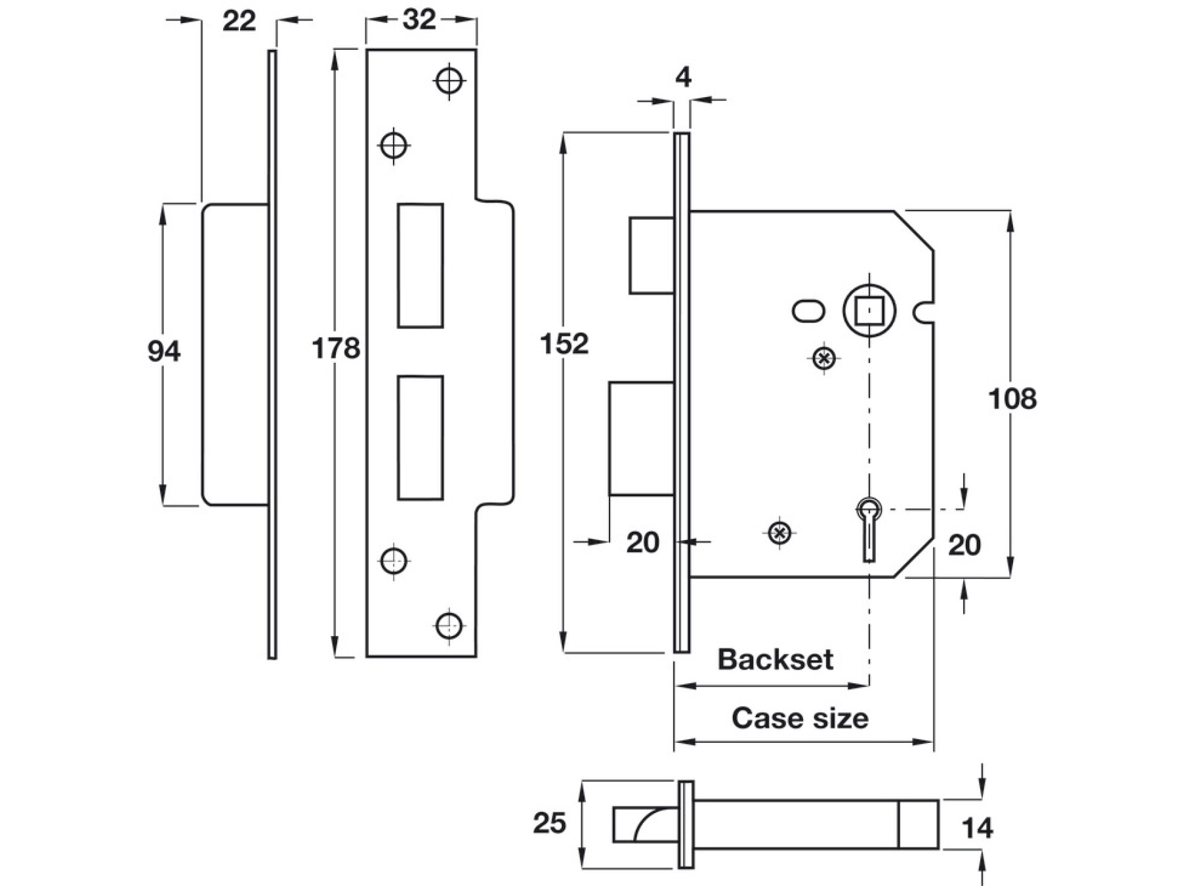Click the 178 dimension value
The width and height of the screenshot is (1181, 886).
(335, 348)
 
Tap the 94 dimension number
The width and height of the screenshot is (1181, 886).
(163, 351)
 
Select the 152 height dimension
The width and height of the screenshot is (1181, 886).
(564, 344)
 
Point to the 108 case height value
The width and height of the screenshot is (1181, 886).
(1012, 398)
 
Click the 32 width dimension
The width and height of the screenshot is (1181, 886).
(419, 20)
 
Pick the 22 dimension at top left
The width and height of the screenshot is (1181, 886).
(239, 21)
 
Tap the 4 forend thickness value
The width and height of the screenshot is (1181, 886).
(683, 77)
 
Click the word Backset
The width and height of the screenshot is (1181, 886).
(775, 659)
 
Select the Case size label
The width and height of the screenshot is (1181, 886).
(800, 718)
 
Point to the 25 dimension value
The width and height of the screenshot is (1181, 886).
(549, 823)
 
